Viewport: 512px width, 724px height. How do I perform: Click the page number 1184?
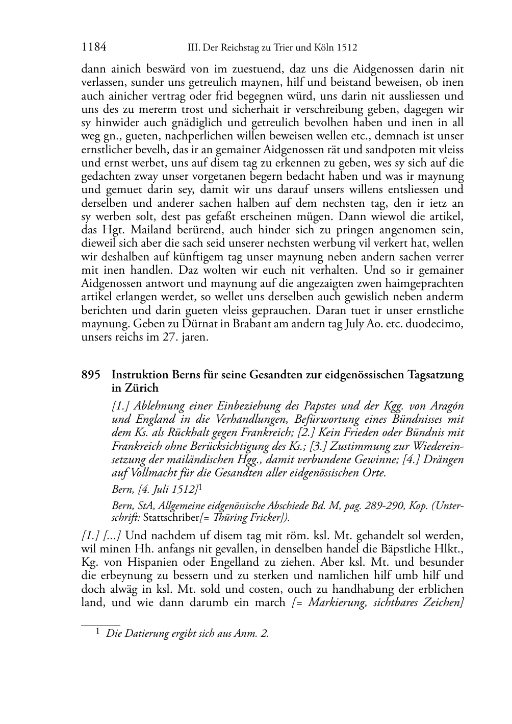[94, 48]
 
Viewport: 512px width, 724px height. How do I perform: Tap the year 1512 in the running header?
[347, 49]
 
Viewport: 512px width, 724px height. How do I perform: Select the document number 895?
[91, 375]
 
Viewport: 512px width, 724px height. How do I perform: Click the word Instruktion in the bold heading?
[140, 375]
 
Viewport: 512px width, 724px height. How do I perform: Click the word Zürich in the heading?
[137, 388]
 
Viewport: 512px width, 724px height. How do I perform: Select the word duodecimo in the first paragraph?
[439, 324]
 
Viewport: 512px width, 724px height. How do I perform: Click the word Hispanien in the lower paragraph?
[149, 562]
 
